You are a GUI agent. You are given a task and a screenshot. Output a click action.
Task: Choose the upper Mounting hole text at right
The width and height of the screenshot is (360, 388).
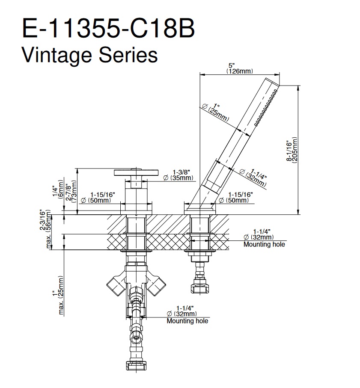[264, 245]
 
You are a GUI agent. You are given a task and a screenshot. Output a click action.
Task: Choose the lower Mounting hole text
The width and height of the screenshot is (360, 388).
[187, 321]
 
